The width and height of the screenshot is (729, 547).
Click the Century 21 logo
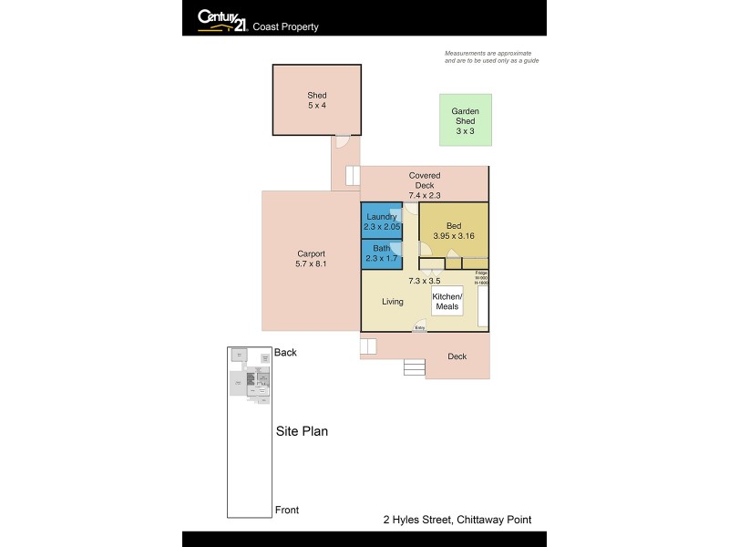pyautogui.click(x=221, y=19)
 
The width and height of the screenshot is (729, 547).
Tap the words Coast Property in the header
pyautogui.click(x=285, y=27)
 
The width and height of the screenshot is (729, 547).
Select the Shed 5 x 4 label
pyautogui.click(x=316, y=100)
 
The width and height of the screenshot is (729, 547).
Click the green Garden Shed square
pyautogui.click(x=465, y=119)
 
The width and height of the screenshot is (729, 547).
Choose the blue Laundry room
pyautogui.click(x=381, y=221)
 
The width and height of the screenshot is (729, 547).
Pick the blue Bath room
pyautogui.click(x=381, y=253)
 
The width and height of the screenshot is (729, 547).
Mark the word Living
pyautogui.click(x=392, y=302)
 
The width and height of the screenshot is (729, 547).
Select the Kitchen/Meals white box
pyautogui.click(x=447, y=302)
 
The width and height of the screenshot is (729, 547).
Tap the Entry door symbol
pyautogui.click(x=419, y=325)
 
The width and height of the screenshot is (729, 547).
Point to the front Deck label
pyautogui.click(x=457, y=356)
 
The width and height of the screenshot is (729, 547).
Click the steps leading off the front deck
pyautogui.click(x=414, y=367)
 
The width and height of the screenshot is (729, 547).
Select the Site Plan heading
pyautogui.click(x=302, y=431)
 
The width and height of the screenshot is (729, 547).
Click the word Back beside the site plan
pyautogui.click(x=285, y=353)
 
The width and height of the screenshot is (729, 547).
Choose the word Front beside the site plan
pyautogui.click(x=286, y=510)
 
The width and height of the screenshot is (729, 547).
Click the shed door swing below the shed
pyautogui.click(x=341, y=141)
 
